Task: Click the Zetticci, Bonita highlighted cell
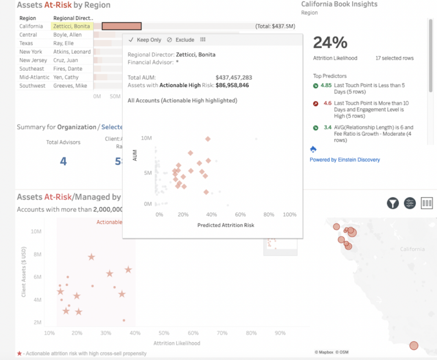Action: tap(72, 26)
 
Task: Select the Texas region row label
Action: tap(26, 43)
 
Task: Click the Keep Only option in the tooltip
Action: tap(145, 40)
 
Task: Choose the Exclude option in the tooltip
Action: tap(181, 40)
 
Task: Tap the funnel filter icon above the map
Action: tap(393, 203)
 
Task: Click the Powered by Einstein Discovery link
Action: tap(344, 160)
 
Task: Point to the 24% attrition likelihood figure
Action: tap(330, 43)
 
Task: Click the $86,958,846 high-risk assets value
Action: tap(232, 85)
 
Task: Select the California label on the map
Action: tap(412, 249)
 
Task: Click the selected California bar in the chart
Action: tap(122, 26)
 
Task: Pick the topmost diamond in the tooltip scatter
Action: tap(208, 139)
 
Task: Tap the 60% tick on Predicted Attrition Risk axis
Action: tap(240, 214)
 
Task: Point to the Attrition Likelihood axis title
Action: tap(177, 343)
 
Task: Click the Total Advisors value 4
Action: tap(63, 161)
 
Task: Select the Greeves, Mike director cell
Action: tap(70, 86)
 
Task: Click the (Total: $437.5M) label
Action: tap(275, 26)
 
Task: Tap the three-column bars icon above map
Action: tap(427, 203)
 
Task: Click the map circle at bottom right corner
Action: tap(413, 345)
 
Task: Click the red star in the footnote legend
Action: tap(19, 354)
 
